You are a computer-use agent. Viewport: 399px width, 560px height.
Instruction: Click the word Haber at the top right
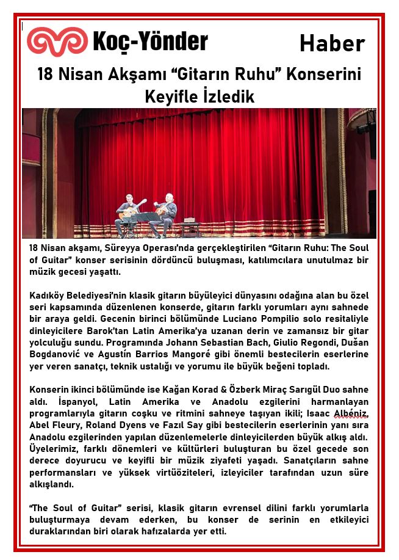(x=332, y=43)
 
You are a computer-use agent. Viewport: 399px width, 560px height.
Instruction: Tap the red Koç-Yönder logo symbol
(x=57, y=41)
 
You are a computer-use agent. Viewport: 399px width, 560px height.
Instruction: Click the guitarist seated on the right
(x=167, y=212)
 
